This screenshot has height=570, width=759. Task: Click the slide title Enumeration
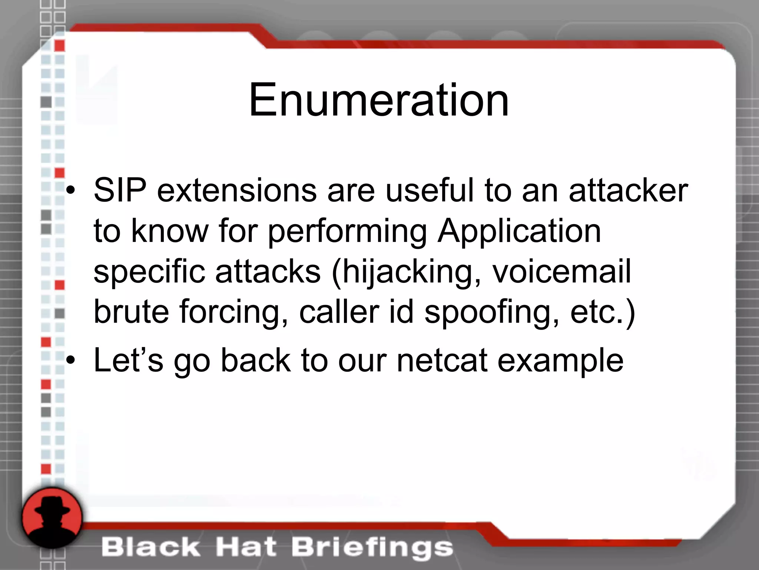pos(379,100)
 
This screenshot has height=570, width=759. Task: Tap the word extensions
pos(237,190)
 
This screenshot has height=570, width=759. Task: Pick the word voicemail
pos(561,272)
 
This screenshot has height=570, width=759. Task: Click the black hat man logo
pos(52,517)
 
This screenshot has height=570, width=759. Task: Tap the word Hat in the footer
pos(246,547)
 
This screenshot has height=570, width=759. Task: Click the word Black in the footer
pos(150,547)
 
